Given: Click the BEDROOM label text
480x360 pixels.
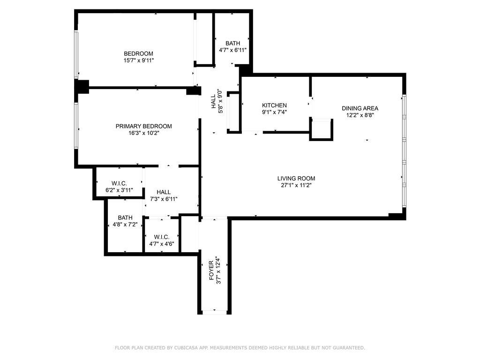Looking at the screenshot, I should [x=138, y=53].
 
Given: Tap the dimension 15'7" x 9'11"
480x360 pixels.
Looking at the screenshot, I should [x=138, y=60].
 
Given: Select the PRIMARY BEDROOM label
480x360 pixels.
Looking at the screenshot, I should [x=143, y=126].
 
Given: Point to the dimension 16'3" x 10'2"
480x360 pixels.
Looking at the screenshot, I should [x=143, y=133].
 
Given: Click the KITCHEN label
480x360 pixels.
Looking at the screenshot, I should [x=274, y=105].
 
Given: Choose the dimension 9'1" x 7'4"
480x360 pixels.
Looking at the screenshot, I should [x=274, y=112].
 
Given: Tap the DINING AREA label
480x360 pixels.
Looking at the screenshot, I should [x=360, y=108].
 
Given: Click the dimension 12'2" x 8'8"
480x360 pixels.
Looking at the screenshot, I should [x=360, y=115].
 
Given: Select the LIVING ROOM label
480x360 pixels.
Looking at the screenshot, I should [x=296, y=178].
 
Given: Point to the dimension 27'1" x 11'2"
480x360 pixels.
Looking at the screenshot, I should [x=296, y=185].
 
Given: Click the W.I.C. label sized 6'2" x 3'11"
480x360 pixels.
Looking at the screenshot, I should [x=120, y=183].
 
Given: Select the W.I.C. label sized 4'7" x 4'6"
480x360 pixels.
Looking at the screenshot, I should [x=162, y=237].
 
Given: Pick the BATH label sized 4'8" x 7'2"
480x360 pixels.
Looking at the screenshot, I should [x=125, y=217].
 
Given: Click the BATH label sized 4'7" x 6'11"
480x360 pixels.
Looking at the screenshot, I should [x=232, y=43].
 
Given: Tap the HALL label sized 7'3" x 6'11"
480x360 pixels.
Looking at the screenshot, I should [x=164, y=192].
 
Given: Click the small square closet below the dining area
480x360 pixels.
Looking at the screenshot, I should [x=321, y=130].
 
